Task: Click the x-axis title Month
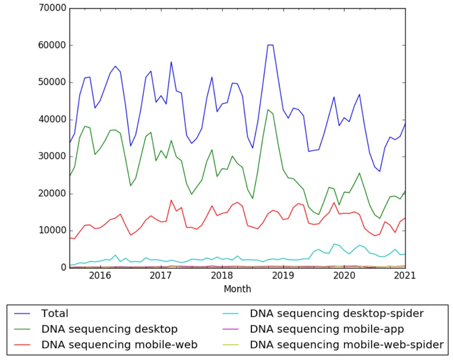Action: pos(237,289)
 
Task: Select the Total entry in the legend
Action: pos(55,313)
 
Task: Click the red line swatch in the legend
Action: pos(25,345)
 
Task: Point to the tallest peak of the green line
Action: pos(268,109)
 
